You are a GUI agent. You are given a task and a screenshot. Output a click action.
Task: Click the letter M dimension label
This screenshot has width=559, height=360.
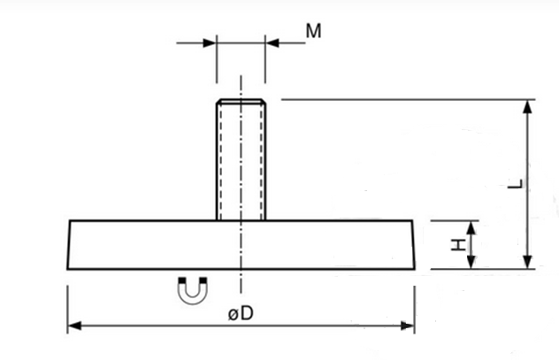pyautogui.click(x=313, y=31)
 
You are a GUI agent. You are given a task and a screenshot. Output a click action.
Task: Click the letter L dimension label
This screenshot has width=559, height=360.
pyautogui.click(x=516, y=184)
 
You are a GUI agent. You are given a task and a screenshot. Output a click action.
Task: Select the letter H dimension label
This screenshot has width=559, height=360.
pyautogui.click(x=458, y=245)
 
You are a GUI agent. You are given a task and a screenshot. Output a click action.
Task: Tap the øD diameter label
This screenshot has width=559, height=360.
pyautogui.click(x=241, y=313)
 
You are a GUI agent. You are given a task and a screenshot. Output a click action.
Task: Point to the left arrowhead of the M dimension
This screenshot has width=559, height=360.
pyautogui.click(x=210, y=43)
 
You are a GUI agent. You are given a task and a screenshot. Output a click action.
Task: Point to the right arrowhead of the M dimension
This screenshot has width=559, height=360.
pyautogui.click(x=272, y=43)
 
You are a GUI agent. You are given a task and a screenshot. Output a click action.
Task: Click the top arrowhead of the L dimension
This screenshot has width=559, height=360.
pyautogui.click(x=528, y=106)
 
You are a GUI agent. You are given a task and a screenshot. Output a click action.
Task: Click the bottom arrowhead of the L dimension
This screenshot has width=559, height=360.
pyautogui.click(x=528, y=262)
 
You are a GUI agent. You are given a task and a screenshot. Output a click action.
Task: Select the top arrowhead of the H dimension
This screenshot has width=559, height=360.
pyautogui.click(x=471, y=227)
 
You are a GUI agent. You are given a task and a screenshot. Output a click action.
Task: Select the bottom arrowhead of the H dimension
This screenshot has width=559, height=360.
pyautogui.click(x=471, y=263)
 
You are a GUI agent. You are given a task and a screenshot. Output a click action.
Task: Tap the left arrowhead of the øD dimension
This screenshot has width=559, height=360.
pyautogui.click(x=74, y=326)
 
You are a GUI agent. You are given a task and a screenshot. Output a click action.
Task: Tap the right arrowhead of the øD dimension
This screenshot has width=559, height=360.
pyautogui.click(x=408, y=326)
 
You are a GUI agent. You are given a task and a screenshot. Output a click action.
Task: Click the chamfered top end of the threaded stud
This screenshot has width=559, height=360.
pyautogui.click(x=241, y=101)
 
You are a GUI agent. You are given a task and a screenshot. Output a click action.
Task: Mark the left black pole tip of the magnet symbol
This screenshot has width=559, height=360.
pyautogui.click(x=182, y=280)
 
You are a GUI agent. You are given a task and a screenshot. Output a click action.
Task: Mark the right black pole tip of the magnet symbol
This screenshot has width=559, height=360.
pyautogui.click(x=203, y=280)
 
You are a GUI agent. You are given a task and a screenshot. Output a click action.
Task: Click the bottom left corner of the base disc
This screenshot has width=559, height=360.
pyautogui.click(x=67, y=269)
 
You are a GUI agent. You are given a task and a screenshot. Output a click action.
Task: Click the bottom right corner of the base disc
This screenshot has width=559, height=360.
pyautogui.click(x=415, y=269)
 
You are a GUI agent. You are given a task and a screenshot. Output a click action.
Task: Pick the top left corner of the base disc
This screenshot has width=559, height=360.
pyautogui.click(x=70, y=221)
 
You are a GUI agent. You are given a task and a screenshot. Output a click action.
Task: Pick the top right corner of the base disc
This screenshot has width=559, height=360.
pyautogui.click(x=412, y=221)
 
